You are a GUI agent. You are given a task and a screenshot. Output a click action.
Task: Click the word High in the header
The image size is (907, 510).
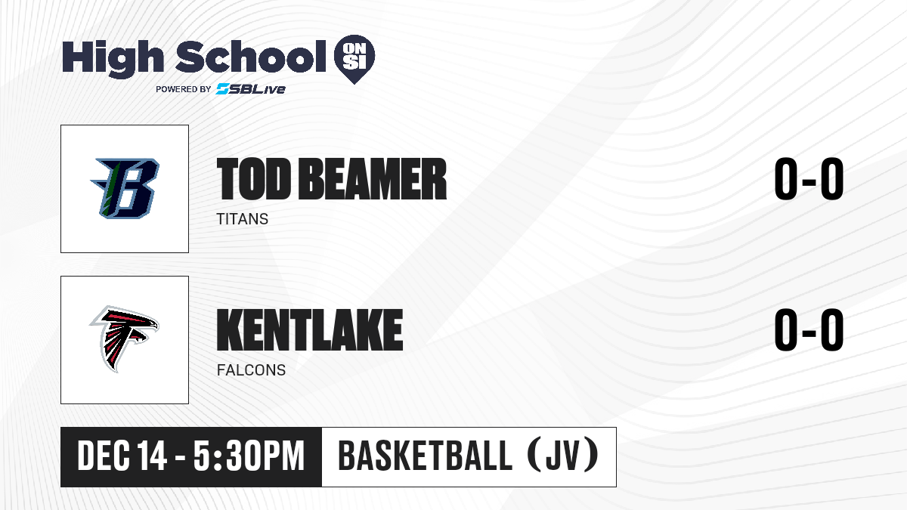point(113,58)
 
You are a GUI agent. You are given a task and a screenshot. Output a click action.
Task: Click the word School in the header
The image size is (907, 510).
point(251,56)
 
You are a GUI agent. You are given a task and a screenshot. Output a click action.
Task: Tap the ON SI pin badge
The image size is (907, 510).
point(354,59)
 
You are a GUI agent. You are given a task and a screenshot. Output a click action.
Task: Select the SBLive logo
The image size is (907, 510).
point(251,89)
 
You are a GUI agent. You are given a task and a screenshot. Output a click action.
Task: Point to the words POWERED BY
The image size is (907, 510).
point(184,89)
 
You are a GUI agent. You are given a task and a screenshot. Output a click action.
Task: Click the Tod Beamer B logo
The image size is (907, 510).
point(125,189)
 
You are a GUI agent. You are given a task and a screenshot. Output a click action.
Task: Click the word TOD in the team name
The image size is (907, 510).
point(254,179)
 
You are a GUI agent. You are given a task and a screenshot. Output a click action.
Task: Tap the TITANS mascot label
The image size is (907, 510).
point(242,219)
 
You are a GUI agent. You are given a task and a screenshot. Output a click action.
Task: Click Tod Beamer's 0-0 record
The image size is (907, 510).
point(809,178)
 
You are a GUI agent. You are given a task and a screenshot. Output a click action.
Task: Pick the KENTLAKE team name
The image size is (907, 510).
point(310,329)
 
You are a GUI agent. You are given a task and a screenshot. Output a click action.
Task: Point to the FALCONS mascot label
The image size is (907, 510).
point(251,370)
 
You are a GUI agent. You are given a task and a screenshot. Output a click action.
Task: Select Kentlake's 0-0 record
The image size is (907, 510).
point(809,329)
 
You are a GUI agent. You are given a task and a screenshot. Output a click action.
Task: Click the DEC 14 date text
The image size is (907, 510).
point(122,456)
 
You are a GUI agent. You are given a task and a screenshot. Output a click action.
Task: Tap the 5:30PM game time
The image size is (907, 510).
point(249,456)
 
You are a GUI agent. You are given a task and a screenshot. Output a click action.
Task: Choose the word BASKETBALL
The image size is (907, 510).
point(425,456)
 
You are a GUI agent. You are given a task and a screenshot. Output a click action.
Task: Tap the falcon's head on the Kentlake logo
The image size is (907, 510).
point(149,323)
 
